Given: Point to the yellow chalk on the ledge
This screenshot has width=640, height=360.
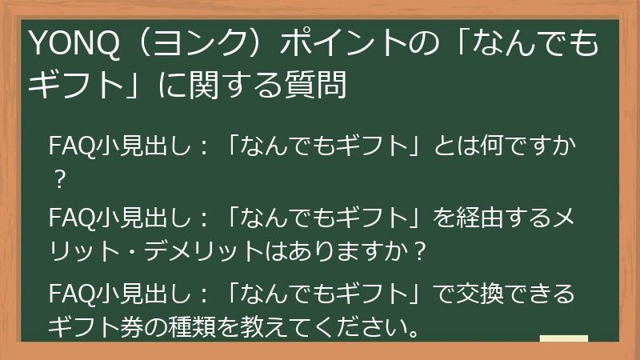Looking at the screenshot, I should (563, 340).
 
